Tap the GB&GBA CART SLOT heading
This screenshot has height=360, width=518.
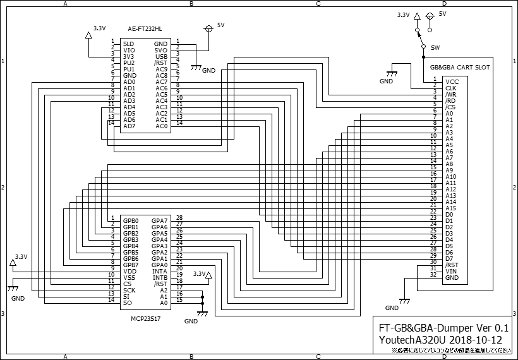[x=459, y=67]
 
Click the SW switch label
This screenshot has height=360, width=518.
[x=435, y=48]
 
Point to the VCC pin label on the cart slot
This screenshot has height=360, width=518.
[x=452, y=82]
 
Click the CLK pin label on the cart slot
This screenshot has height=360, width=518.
[x=451, y=88]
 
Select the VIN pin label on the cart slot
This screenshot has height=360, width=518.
[x=450, y=272]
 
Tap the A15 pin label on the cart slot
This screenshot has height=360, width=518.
[x=450, y=208]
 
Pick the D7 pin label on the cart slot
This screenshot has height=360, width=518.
[x=449, y=259]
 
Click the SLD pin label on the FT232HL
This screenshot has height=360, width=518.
[x=128, y=44]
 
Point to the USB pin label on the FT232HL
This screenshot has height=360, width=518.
[x=161, y=56]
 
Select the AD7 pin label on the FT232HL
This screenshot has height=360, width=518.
[x=129, y=126]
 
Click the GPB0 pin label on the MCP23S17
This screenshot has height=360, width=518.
[x=131, y=220]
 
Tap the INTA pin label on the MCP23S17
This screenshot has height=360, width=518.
[x=160, y=271]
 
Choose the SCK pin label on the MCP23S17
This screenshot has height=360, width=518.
[x=129, y=290]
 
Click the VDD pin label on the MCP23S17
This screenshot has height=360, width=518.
[x=129, y=271]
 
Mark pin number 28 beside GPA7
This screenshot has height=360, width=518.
[x=179, y=218]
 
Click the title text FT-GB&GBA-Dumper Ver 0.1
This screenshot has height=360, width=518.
[x=443, y=328]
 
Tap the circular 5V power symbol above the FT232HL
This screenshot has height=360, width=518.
[x=208, y=29]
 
